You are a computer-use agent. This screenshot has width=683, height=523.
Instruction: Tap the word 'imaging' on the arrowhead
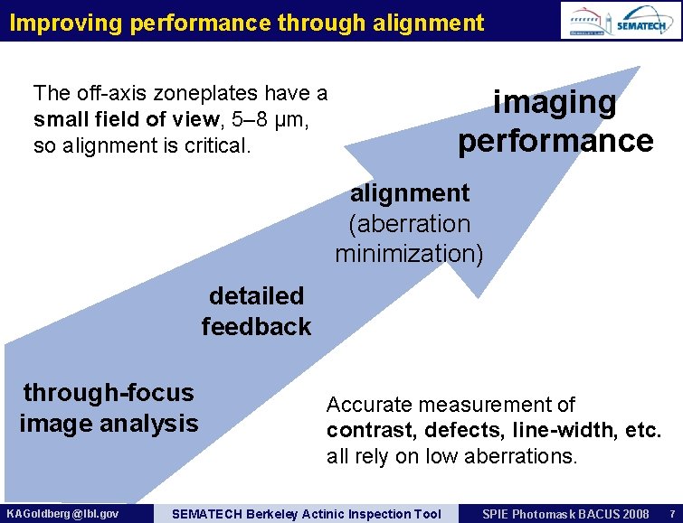point(554,102)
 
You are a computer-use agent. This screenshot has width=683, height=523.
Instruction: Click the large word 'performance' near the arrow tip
point(555,141)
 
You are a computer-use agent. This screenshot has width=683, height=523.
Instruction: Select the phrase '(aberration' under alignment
point(409,223)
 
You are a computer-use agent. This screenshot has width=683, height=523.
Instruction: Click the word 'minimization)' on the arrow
point(409,254)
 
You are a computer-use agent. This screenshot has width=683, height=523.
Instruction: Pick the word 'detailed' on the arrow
point(256,295)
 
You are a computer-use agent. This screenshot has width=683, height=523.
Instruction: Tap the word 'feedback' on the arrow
point(256,326)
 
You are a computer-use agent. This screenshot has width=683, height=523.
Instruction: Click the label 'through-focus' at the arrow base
point(109,392)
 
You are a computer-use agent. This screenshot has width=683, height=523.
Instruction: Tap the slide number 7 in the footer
point(671,514)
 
